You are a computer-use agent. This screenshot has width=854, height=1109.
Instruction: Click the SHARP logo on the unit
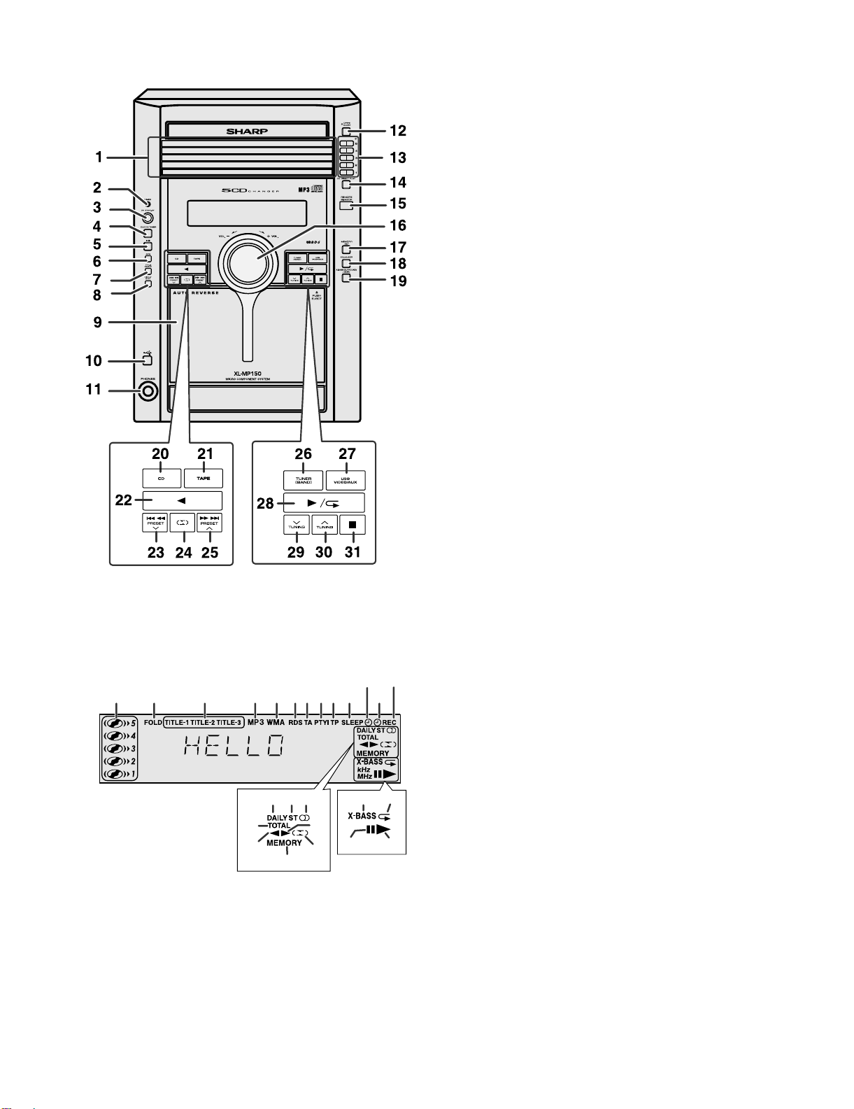coord(247,131)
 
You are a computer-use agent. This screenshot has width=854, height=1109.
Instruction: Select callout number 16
coord(398,226)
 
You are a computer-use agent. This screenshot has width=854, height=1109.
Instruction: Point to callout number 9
coord(97,323)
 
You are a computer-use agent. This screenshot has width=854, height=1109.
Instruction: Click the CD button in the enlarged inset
coord(162,479)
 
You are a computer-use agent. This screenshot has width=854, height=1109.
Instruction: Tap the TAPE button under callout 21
coord(204,479)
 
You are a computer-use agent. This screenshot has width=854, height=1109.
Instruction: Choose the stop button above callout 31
coord(353,525)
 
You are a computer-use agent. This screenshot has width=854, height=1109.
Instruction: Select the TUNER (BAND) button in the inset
coord(304,481)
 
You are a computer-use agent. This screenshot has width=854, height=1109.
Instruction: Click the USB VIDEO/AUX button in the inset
coord(346,481)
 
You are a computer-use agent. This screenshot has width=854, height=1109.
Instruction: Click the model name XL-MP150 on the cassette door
coord(248,374)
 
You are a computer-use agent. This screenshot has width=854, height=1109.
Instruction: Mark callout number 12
coord(398,131)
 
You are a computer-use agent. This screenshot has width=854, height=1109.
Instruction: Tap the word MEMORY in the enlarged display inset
coord(284,842)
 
